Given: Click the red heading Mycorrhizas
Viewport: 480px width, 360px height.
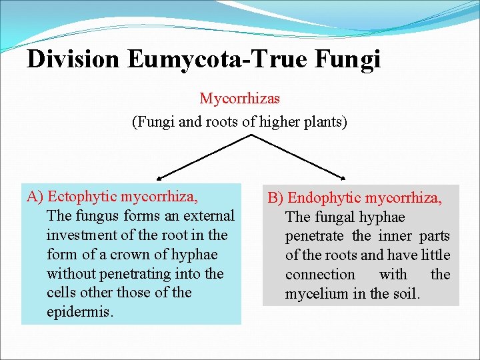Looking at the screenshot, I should (240, 99).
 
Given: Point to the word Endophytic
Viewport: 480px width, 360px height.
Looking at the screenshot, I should (325, 198).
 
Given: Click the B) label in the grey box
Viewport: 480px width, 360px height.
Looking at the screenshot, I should (276, 198).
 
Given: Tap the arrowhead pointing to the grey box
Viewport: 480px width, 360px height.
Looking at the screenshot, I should (343, 178).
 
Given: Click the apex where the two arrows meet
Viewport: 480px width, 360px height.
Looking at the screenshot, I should (251, 135).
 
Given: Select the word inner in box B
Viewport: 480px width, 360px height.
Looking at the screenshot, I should (394, 236).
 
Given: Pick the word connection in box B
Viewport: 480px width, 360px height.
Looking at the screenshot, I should (320, 275).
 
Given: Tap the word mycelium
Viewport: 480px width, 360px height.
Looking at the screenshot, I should (313, 293).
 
